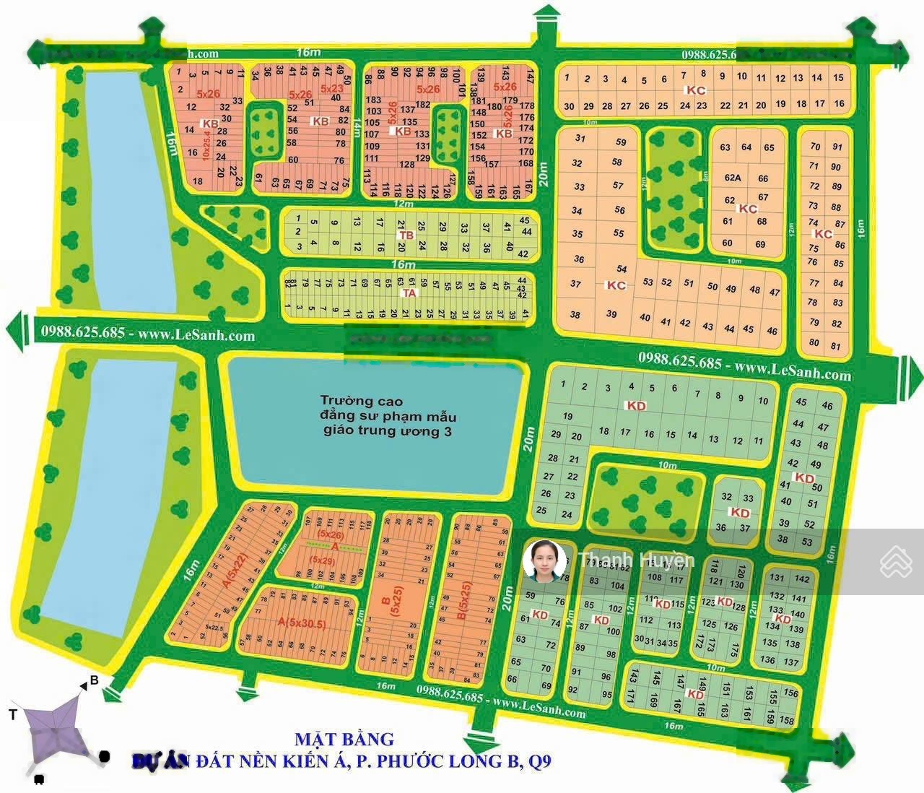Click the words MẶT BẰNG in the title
click(344, 739)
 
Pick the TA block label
click(409, 292)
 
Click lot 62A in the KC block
click(733, 178)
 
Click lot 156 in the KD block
click(790, 693)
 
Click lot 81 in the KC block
click(837, 346)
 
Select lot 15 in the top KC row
click(837, 77)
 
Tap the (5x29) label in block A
click(322, 560)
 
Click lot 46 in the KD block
click(827, 406)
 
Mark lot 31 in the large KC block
click(580, 139)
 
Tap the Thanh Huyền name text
click(637, 560)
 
